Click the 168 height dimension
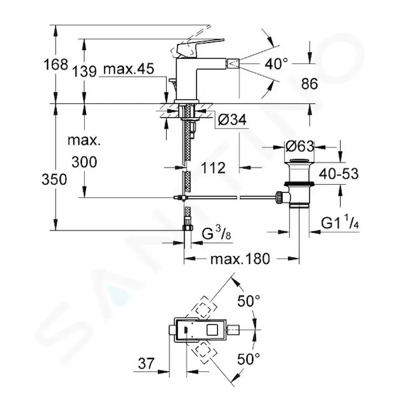pos(55,64)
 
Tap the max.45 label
pos(129,69)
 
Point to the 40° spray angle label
pos(276,63)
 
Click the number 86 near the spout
pos(309,83)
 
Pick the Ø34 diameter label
pos(232,119)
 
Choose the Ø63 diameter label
pos(299,147)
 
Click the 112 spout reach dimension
pos(213,167)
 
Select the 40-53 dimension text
pos(339,174)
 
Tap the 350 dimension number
pos(55,179)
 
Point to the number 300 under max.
pos(84,162)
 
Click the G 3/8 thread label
pos(217,234)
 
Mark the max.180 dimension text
pos(240,259)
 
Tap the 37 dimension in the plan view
pos(146,363)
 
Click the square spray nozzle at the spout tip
pos(233,63)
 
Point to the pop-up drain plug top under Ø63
pos(299,161)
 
